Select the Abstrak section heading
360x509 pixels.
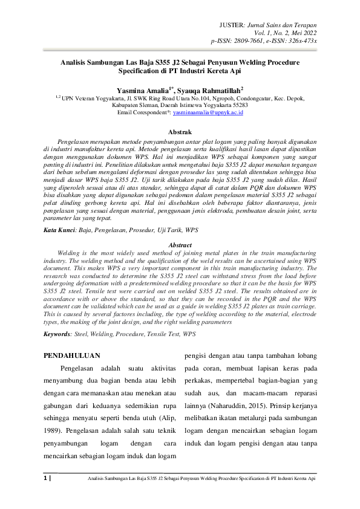[x=180, y=131]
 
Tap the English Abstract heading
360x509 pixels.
[x=180, y=245]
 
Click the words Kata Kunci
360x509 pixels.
[x=59, y=231]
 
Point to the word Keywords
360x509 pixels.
[x=57, y=333]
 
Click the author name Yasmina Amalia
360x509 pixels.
[x=143, y=88]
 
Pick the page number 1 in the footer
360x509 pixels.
[x=46, y=478]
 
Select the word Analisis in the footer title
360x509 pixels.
[x=96, y=478]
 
